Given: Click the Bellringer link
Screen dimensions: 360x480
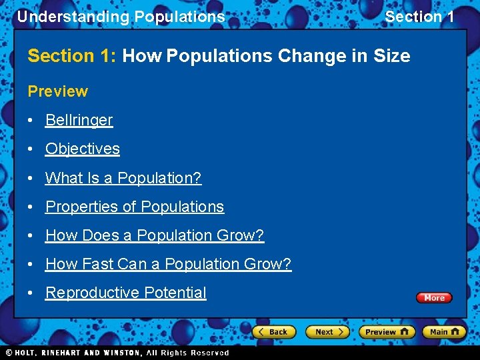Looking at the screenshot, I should (x=79, y=120).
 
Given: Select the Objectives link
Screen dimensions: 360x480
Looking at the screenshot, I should (x=82, y=149).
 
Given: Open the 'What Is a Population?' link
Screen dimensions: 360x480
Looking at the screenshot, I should (x=123, y=178).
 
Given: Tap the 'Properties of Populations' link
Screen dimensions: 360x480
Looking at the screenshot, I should (x=134, y=207).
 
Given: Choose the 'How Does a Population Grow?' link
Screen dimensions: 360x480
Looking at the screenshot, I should (x=154, y=235).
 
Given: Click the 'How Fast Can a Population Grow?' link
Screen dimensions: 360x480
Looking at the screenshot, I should (x=168, y=264).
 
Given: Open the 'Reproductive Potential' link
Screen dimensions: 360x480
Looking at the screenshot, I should (x=125, y=293).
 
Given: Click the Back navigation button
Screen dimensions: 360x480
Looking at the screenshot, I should (x=273, y=331).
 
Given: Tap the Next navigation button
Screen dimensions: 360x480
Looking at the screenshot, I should (x=327, y=331).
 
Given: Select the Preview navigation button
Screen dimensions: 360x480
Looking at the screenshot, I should (x=386, y=331).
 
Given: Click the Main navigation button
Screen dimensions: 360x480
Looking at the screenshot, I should (x=445, y=331).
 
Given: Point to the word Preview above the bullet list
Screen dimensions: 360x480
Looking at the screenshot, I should (x=57, y=91).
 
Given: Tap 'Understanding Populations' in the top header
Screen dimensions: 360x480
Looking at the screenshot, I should (x=121, y=17).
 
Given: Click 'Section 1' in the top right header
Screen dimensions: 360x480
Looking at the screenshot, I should (x=419, y=17).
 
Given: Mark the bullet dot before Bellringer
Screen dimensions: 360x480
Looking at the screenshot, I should (x=32, y=121).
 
